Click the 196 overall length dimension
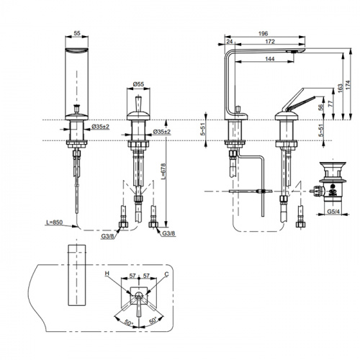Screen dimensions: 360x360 click(264, 34)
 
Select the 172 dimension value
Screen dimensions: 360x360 click(270, 42)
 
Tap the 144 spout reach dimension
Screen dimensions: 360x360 click(270, 59)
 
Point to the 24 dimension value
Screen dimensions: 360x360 click(230, 42)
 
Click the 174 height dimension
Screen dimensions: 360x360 click(348, 85)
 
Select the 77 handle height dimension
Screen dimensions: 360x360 click(330, 104)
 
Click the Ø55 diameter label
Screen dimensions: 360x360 click(138, 84)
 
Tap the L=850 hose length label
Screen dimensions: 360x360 click(55, 222)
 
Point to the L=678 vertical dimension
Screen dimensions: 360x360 click(163, 171)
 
